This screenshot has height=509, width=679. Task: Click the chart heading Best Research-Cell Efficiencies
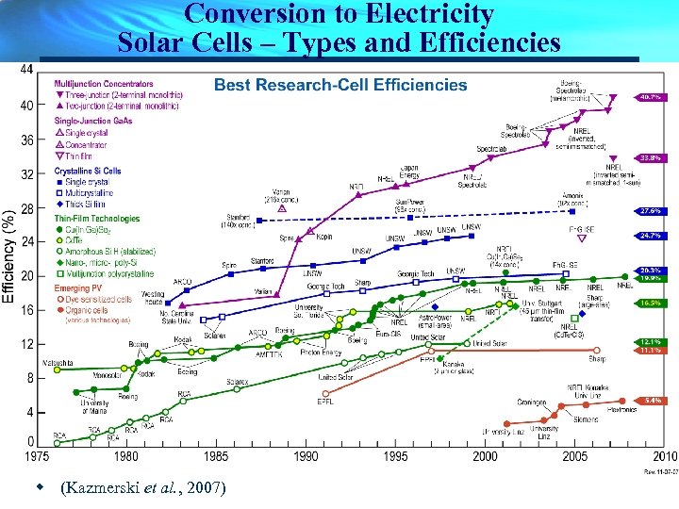click(x=340, y=85)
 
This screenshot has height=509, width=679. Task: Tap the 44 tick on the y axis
click(x=26, y=71)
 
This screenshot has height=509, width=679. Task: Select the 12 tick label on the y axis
click(x=26, y=344)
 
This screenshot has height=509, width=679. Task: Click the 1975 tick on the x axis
click(x=36, y=456)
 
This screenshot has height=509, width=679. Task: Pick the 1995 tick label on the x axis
click(x=396, y=456)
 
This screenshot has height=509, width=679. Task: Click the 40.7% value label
click(x=649, y=97)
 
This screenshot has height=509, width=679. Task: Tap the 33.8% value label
click(x=649, y=157)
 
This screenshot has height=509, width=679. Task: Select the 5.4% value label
click(x=650, y=400)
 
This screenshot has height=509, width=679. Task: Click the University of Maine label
click(x=93, y=407)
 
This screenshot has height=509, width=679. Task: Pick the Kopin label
click(x=324, y=237)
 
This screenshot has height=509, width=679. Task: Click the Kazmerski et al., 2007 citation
click(x=141, y=488)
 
